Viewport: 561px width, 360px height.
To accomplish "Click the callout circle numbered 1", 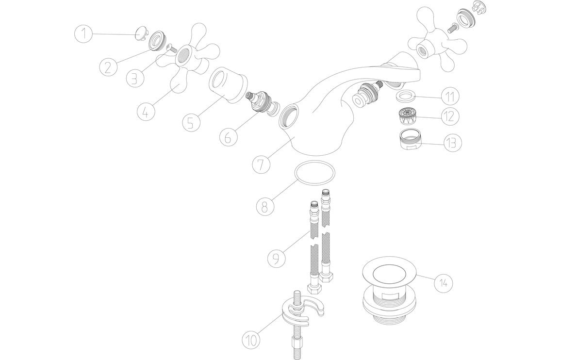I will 84,33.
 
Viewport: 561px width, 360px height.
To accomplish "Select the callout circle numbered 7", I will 261,164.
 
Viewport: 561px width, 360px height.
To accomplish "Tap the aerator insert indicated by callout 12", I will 407,117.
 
